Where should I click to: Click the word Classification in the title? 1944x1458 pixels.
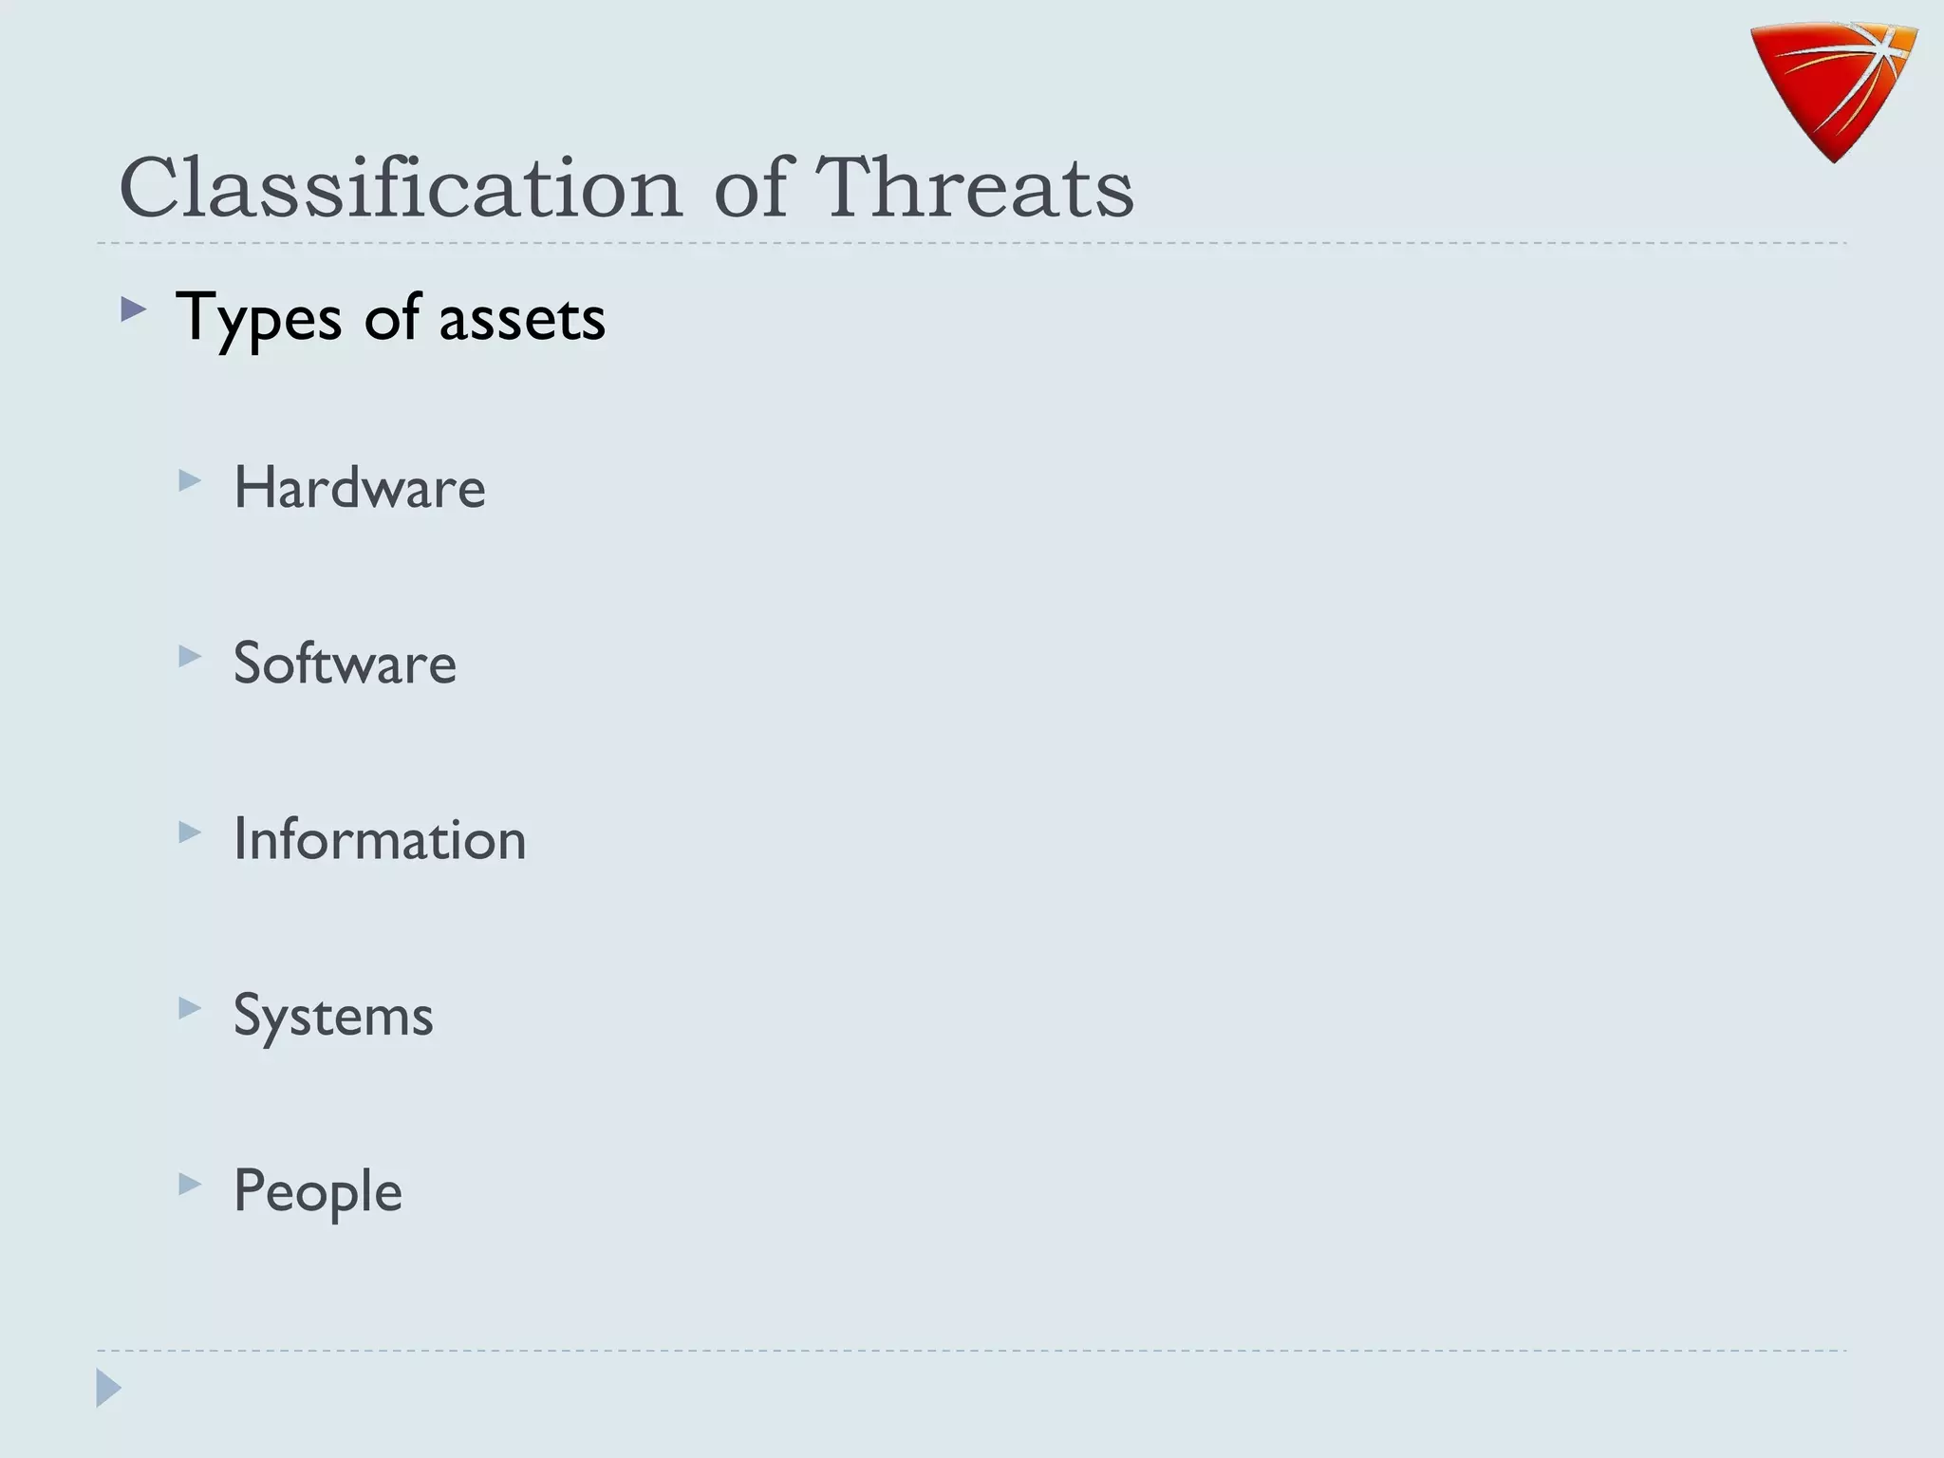(x=400, y=187)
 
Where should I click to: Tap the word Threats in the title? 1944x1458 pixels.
(x=975, y=187)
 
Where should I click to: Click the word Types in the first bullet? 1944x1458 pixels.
(x=258, y=318)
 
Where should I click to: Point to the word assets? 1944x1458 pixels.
(x=522, y=318)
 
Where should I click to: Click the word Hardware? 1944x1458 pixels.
(x=360, y=488)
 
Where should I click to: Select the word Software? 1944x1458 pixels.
(x=345, y=663)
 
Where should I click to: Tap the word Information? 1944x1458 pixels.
(x=380, y=839)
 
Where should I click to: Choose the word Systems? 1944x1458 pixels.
(x=333, y=1016)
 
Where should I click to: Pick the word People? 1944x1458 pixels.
(x=318, y=1191)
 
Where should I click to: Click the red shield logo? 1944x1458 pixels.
(x=1832, y=91)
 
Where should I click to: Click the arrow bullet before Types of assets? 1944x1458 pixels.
(x=134, y=309)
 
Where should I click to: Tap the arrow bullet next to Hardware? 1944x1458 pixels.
(x=190, y=480)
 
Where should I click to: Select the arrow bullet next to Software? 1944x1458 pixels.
(x=190, y=656)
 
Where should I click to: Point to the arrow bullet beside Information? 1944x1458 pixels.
(x=190, y=832)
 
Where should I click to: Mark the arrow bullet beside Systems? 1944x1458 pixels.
(x=190, y=1008)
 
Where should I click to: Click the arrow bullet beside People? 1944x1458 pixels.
(x=190, y=1184)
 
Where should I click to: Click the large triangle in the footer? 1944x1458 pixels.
(x=108, y=1388)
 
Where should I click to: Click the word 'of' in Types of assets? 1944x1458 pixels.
(x=391, y=318)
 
